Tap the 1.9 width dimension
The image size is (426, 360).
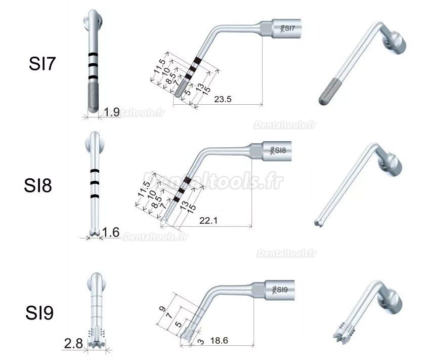tap(111, 112)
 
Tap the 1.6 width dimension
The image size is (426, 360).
tap(111, 232)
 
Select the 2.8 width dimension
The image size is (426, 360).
tap(72, 345)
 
